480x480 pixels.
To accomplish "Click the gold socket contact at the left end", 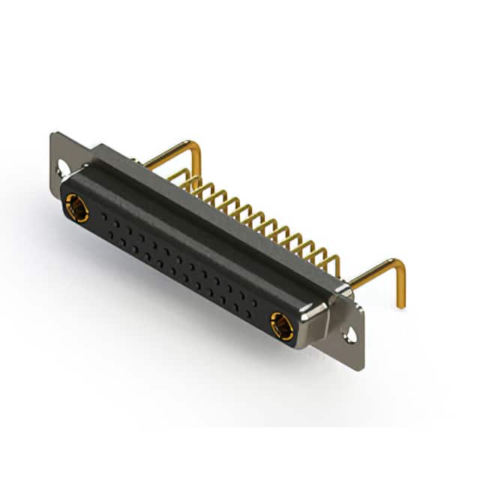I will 76,207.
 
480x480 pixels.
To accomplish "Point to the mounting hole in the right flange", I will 350,334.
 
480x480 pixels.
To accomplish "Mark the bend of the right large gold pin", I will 397,264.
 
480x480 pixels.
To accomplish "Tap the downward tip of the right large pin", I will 400,304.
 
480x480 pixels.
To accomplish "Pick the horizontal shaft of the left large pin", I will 169,153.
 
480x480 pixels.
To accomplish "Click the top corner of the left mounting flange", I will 54,135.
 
